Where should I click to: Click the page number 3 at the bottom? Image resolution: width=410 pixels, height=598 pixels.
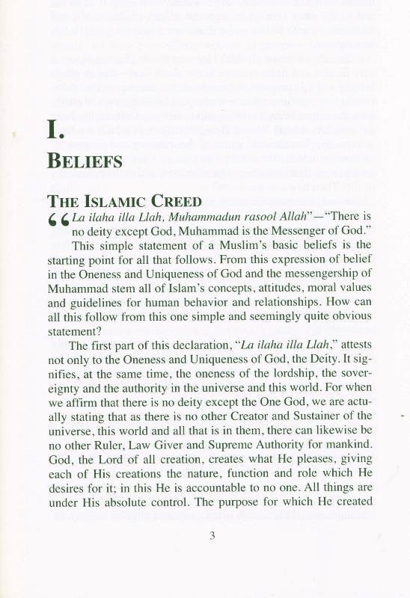point(212,534)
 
